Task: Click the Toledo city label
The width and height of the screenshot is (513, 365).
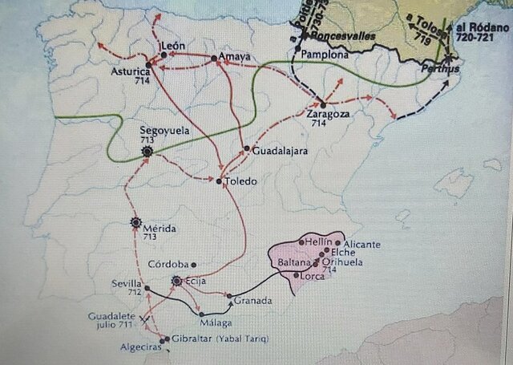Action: click(241, 181)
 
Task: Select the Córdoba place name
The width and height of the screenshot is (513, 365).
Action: click(168, 264)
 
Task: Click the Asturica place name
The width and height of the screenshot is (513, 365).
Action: click(130, 72)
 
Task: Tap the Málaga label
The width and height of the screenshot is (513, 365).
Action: click(217, 322)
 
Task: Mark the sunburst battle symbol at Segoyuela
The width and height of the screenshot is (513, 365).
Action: click(147, 151)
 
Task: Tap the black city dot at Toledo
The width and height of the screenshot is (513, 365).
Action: click(219, 181)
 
